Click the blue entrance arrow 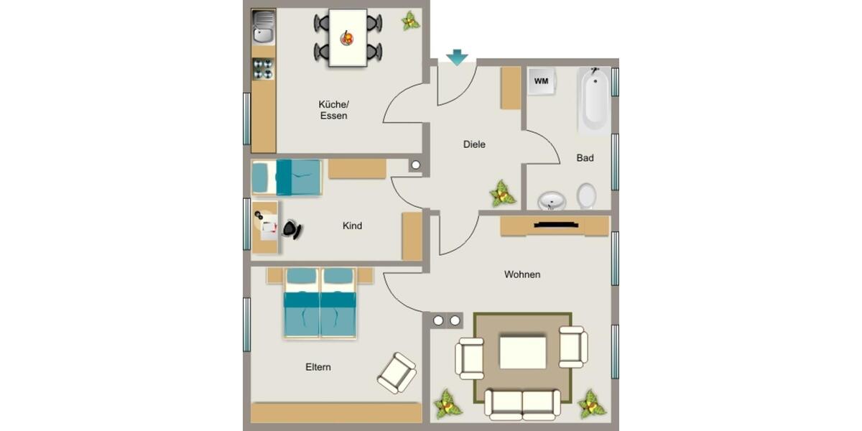(456, 57)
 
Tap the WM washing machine (541, 81)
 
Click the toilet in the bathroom (586, 195)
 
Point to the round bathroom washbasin (552, 200)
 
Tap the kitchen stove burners (263, 69)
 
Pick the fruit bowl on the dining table (347, 38)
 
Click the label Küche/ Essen (333, 110)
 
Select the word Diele (474, 144)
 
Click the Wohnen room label (522, 274)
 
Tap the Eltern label (318, 367)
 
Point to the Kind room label (352, 226)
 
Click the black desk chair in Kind (291, 229)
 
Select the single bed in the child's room (286, 177)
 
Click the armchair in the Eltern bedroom (397, 372)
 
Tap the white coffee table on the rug (523, 353)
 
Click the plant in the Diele (502, 193)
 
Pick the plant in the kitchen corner (410, 20)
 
